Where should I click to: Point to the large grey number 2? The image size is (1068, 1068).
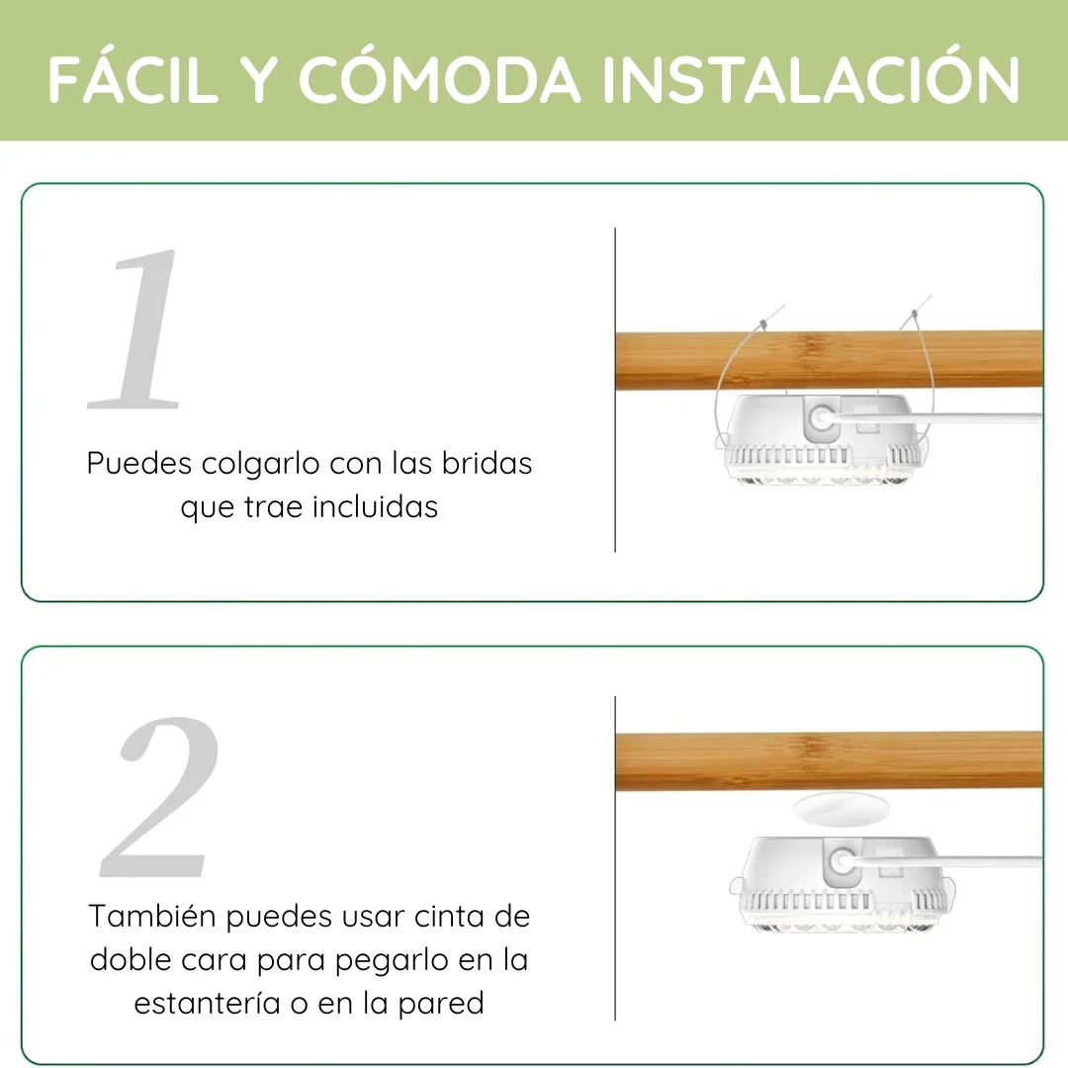(160, 797)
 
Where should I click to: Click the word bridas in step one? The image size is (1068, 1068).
(487, 463)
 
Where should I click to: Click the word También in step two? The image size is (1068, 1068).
(153, 916)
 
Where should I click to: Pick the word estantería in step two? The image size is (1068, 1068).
(207, 1004)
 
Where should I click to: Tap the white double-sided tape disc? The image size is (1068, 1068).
(842, 809)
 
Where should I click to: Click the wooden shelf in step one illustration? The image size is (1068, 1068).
(829, 360)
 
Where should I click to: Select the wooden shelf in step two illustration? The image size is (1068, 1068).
(829, 761)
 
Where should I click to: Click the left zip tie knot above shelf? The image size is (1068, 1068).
(763, 325)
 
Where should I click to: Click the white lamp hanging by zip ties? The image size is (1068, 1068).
(821, 439)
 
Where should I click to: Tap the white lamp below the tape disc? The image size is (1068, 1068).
(843, 883)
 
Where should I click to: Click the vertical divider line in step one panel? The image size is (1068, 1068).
(615, 390)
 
